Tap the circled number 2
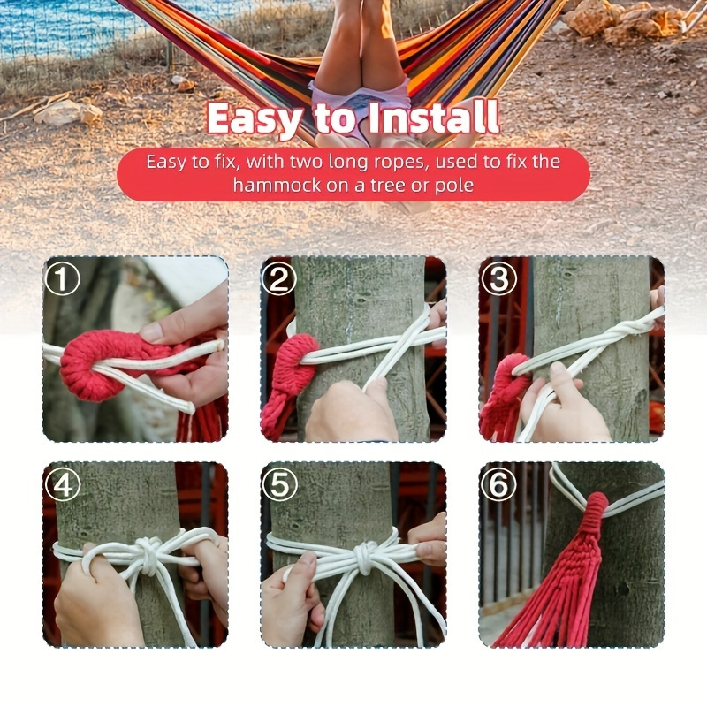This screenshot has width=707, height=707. [279, 278]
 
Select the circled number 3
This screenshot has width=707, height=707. [498, 278]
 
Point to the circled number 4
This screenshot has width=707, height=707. [63, 484]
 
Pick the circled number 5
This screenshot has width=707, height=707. [280, 484]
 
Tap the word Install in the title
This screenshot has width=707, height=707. [434, 118]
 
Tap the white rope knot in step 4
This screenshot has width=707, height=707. [150, 554]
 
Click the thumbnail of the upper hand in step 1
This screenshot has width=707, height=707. [152, 333]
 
